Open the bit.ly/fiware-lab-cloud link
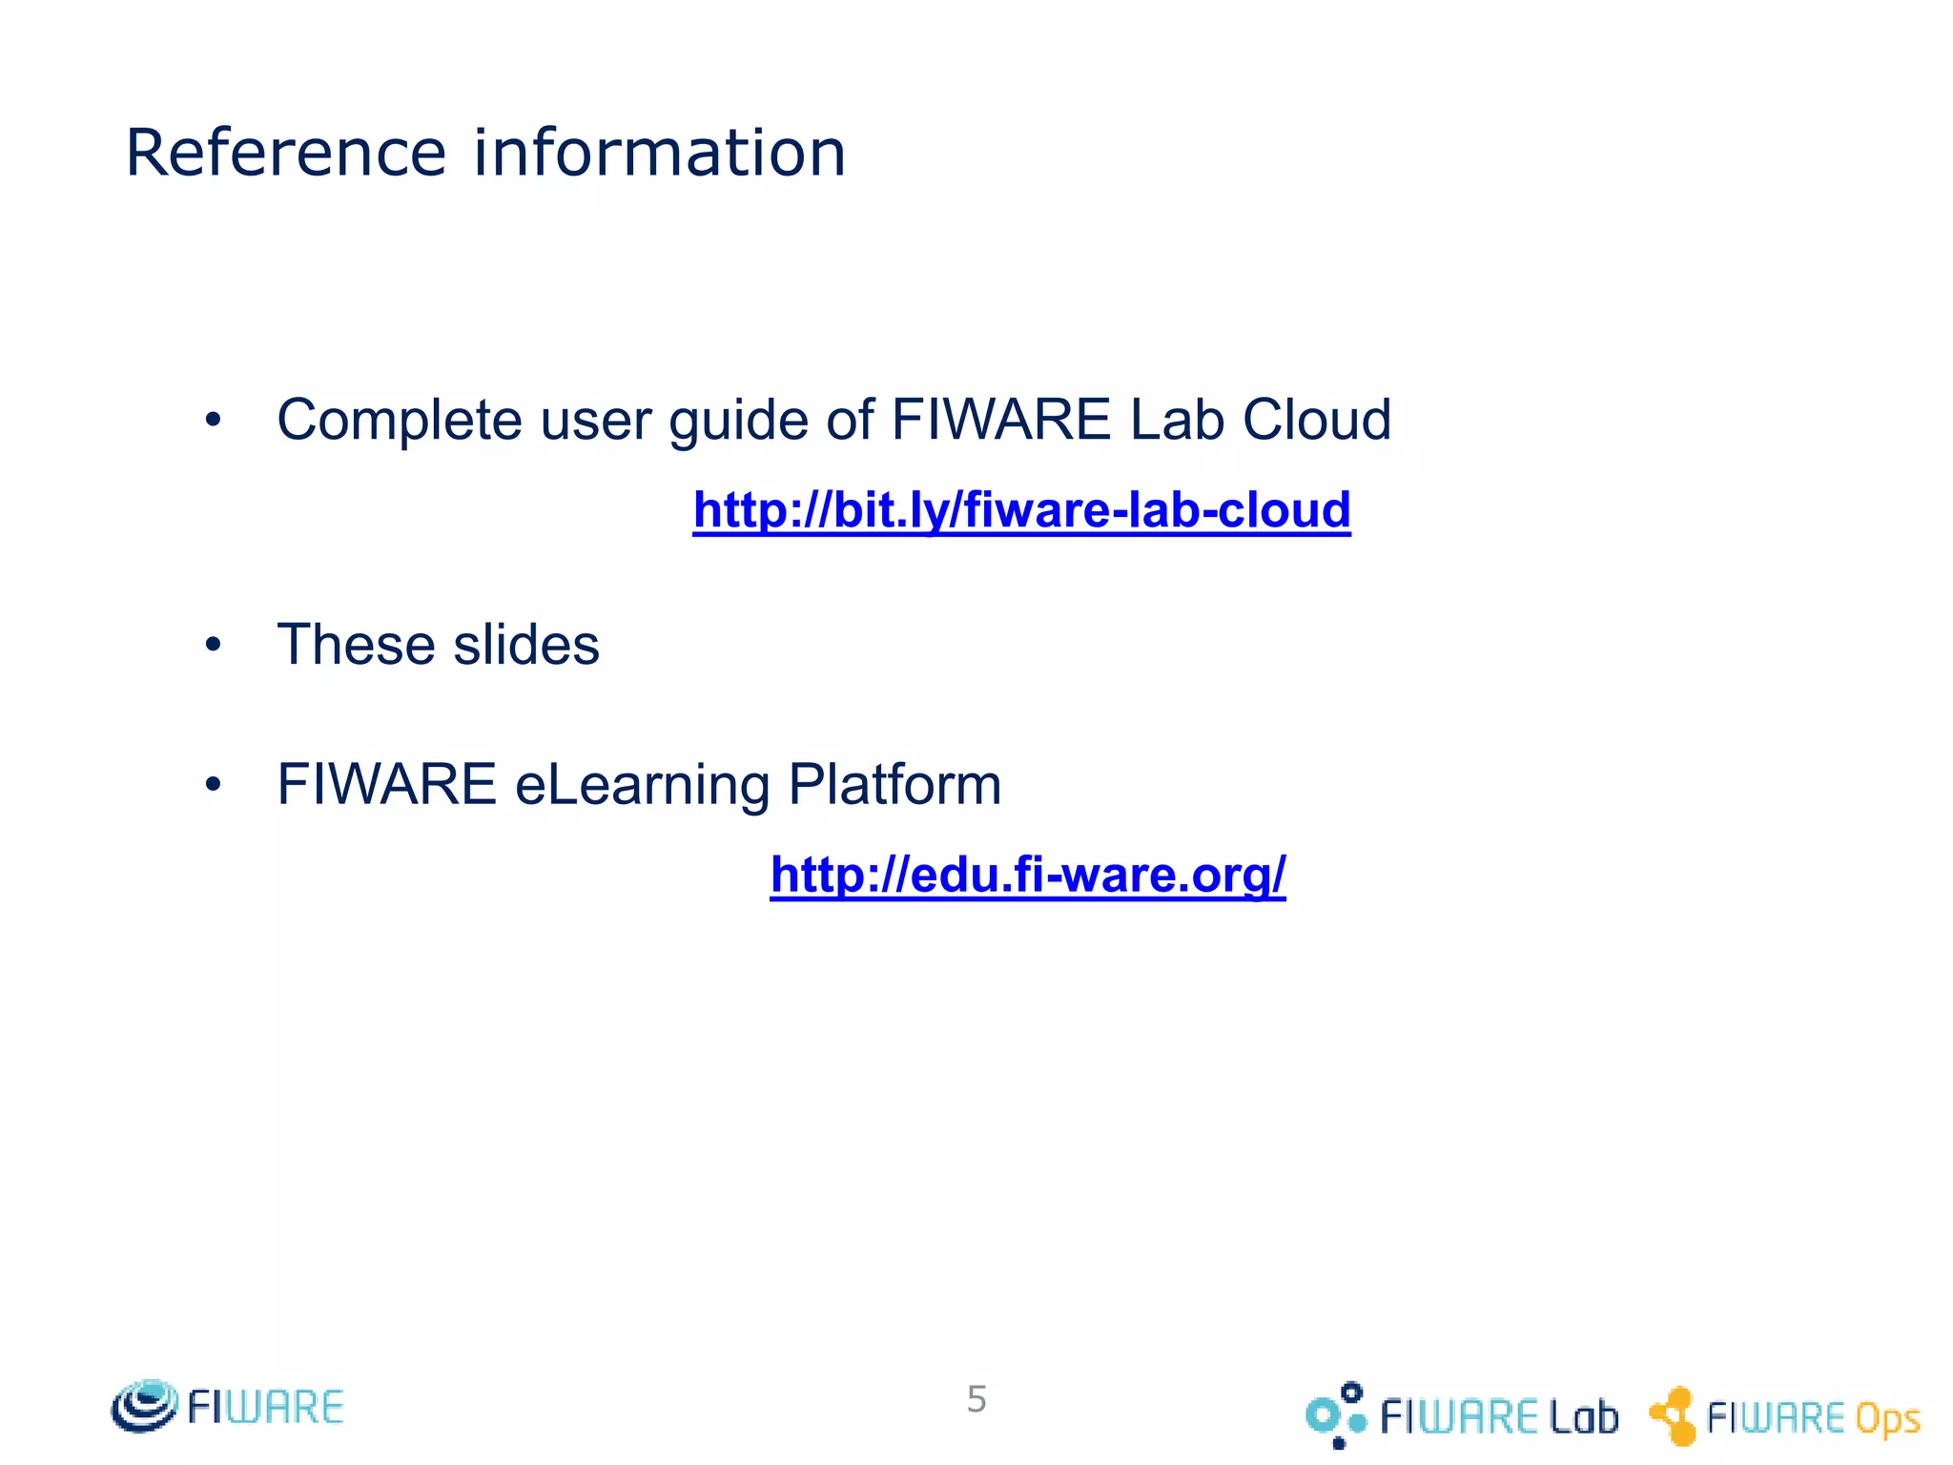tap(1021, 509)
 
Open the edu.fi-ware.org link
tap(1028, 874)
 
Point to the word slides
tap(526, 645)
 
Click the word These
tap(357, 645)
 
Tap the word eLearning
tap(642, 786)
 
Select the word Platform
tap(894, 785)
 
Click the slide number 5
tap(976, 1399)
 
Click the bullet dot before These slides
tap(213, 646)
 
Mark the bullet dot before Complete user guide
tap(213, 420)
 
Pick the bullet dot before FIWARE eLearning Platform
tap(213, 785)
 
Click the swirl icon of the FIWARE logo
tap(144, 1406)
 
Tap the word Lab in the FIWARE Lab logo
tap(1583, 1417)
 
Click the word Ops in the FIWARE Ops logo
tap(1887, 1419)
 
